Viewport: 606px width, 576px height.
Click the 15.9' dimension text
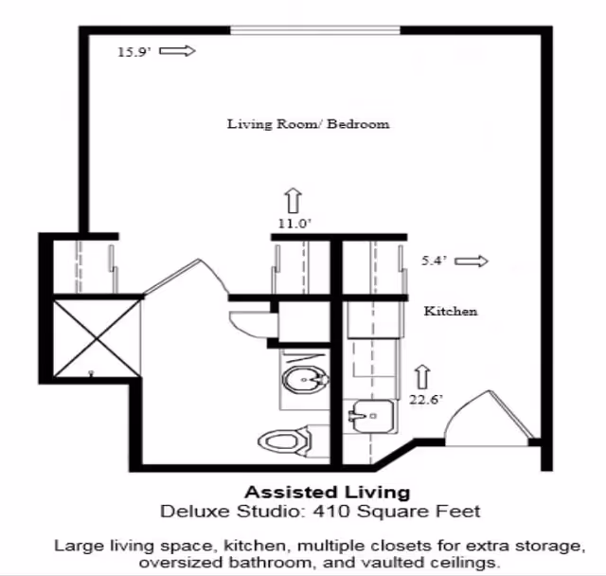(132, 52)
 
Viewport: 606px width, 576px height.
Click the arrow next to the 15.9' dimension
(177, 51)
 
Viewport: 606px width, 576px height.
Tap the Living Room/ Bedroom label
(308, 124)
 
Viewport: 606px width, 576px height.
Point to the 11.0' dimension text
(294, 224)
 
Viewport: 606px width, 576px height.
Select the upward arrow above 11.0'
(293, 200)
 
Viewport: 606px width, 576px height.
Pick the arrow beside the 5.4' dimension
(472, 261)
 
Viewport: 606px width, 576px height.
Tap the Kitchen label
(450, 311)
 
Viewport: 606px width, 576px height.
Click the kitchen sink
(370, 416)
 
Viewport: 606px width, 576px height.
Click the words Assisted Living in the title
(327, 492)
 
